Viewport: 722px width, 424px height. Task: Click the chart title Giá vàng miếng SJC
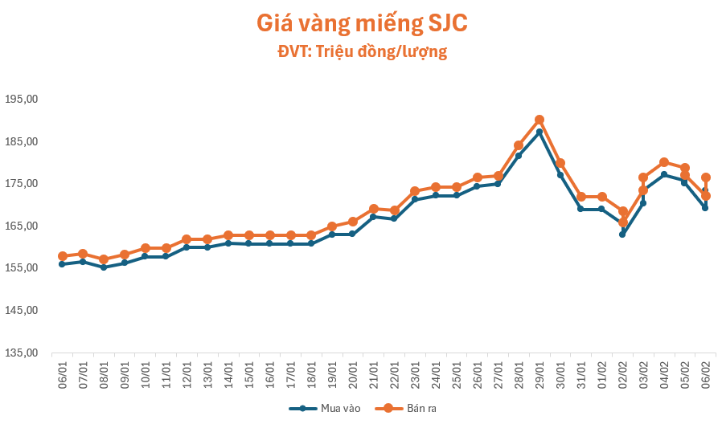(361, 23)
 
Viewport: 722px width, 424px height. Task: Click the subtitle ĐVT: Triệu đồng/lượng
(361, 52)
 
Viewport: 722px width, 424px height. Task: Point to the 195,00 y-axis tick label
(22, 100)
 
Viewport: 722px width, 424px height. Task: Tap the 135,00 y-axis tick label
(22, 353)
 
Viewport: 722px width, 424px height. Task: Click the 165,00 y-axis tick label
(22, 226)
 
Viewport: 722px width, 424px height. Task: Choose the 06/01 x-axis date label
(62, 373)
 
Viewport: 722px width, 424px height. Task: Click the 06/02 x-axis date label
(705, 373)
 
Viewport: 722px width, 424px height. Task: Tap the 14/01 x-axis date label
(228, 373)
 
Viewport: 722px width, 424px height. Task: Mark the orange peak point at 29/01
(539, 120)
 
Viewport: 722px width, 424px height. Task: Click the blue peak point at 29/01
(539, 132)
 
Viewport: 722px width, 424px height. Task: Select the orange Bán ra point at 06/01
(62, 256)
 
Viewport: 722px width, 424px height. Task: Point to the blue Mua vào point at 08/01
(104, 267)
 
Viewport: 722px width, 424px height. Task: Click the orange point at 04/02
(664, 162)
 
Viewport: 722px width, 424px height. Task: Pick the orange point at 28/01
(519, 146)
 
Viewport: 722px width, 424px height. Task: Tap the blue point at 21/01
(373, 217)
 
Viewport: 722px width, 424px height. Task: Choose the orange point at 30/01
(560, 163)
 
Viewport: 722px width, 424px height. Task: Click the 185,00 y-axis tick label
(22, 142)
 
